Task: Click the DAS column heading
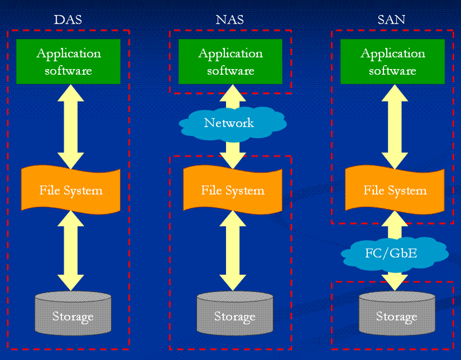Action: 68,20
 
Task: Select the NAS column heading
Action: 230,20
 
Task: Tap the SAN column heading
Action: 392,20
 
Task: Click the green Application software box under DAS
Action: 69,62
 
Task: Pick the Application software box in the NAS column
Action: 231,62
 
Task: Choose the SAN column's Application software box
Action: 392,62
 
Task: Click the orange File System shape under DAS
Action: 71,190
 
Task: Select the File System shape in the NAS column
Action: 233,190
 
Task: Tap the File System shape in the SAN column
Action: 395,190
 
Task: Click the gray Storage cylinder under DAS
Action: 73,316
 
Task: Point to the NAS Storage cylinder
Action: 234,316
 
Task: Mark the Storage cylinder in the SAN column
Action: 396,316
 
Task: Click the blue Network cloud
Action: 229,122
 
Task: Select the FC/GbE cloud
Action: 395,253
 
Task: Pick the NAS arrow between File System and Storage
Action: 233,250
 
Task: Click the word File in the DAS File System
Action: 49,190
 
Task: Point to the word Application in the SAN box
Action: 392,53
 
